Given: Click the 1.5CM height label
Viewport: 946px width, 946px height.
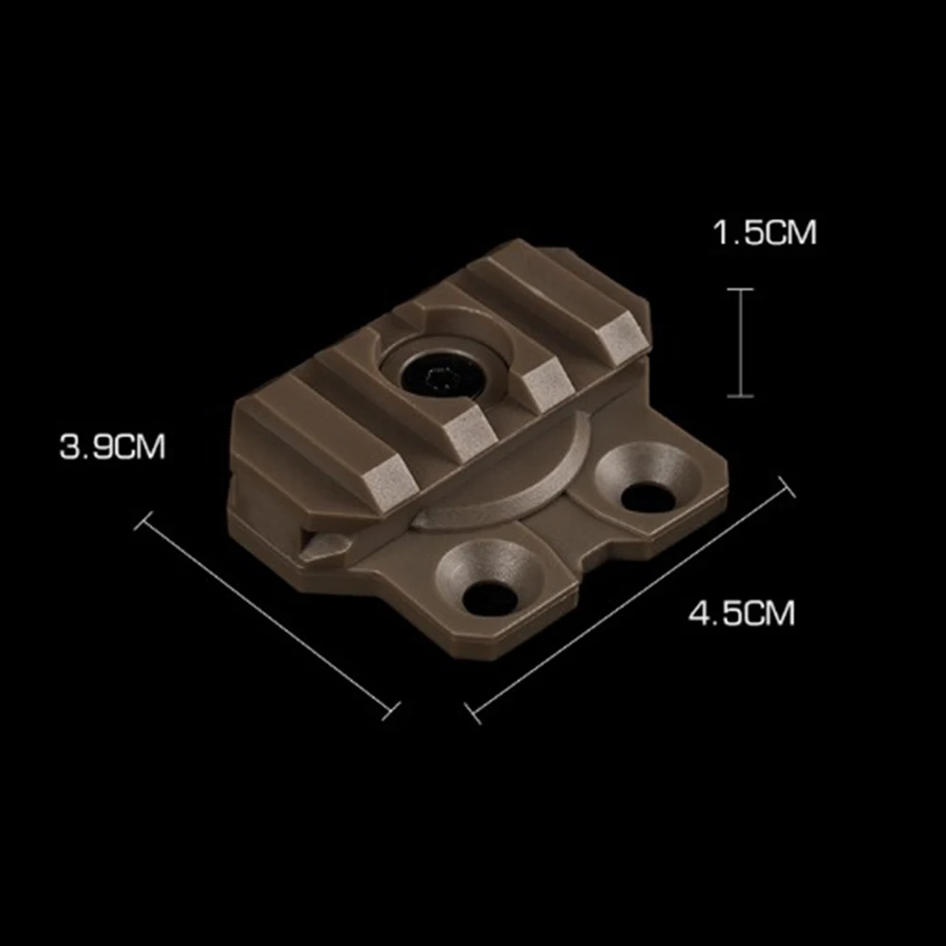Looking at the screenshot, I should [764, 232].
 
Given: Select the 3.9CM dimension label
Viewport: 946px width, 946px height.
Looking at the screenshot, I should [112, 446].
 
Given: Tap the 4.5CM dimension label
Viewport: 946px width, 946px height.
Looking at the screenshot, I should [742, 613].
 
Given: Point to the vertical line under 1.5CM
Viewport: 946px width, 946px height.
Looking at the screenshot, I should [740, 342].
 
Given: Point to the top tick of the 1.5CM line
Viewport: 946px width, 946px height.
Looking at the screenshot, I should [740, 289].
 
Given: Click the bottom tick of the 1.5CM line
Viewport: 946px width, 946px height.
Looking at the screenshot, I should [740, 396].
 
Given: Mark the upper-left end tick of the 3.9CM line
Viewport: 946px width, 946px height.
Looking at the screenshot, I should [144, 520].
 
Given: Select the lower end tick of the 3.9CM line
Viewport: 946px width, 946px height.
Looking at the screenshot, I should [390, 708].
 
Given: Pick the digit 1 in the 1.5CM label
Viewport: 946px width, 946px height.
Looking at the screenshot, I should [719, 232].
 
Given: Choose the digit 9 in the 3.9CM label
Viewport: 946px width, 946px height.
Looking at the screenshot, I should [100, 446].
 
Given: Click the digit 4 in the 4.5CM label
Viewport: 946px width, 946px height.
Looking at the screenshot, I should [699, 613].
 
